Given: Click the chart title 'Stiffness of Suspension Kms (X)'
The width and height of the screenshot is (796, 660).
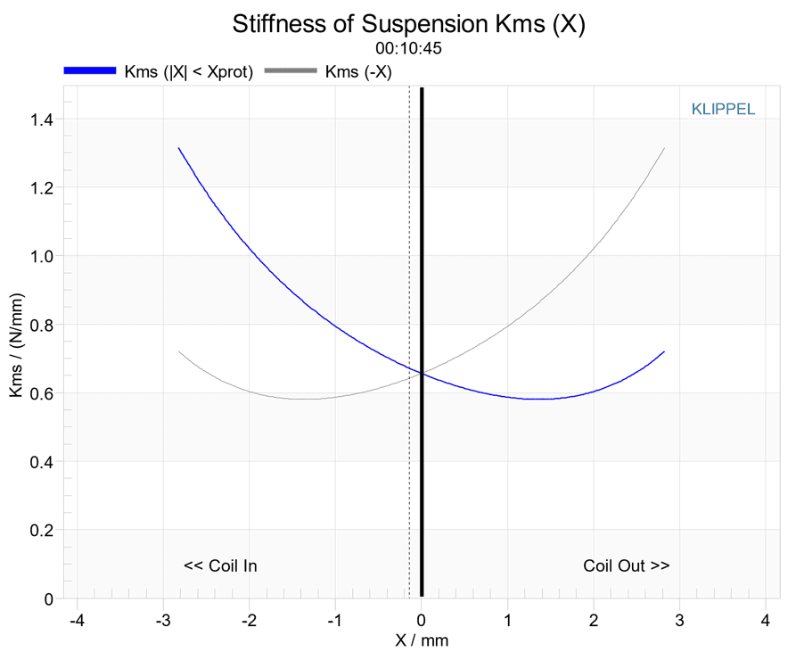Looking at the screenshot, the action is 408,24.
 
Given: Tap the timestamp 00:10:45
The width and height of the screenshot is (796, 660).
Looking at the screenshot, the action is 408,48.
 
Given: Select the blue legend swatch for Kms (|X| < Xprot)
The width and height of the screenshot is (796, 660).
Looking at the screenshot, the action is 90,70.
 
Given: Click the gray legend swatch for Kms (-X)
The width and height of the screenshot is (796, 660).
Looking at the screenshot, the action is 291,70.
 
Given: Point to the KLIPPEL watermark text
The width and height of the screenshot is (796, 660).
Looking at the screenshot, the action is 723,109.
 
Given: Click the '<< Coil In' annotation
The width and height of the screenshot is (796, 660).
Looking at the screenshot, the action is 220,565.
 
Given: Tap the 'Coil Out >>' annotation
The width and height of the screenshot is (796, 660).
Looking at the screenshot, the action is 627,565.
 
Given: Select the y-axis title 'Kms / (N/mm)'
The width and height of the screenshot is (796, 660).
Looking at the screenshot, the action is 17,345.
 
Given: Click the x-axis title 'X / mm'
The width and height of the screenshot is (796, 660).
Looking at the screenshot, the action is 422,640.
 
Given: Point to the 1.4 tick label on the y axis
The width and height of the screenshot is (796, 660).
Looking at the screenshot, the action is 42,120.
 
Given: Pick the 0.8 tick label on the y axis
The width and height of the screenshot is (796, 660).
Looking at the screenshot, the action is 42,326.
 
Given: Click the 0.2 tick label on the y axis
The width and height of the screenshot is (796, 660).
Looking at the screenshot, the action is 42,531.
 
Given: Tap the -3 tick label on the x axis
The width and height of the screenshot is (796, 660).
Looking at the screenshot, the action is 163,620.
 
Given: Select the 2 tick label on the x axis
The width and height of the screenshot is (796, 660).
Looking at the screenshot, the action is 594,620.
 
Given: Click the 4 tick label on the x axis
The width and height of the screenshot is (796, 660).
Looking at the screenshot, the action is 766,620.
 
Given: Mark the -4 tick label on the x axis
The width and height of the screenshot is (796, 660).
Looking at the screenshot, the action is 77,620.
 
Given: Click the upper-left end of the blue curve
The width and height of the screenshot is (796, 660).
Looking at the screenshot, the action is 178,148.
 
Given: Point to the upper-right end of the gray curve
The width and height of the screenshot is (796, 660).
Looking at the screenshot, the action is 664,148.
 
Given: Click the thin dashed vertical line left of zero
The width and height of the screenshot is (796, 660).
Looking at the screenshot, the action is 410,342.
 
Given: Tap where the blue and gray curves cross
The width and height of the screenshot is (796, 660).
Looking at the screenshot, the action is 422,374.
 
